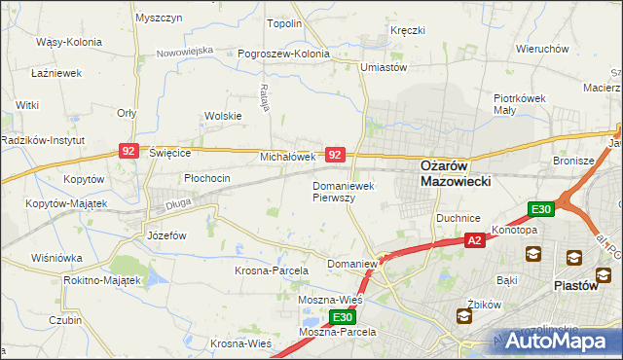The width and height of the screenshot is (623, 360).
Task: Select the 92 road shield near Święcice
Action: (x=128, y=150)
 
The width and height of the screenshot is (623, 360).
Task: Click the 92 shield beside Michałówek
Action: (x=335, y=155)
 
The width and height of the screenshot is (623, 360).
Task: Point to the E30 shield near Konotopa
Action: (x=541, y=209)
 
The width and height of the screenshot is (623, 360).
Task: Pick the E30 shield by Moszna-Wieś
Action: (x=341, y=317)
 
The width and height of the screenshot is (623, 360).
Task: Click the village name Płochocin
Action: (x=206, y=178)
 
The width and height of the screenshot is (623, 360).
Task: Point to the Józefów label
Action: (x=165, y=235)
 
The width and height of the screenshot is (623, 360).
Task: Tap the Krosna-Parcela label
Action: (x=272, y=270)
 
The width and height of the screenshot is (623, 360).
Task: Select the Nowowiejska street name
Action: (x=184, y=49)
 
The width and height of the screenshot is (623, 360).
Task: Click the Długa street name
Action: (x=177, y=203)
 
